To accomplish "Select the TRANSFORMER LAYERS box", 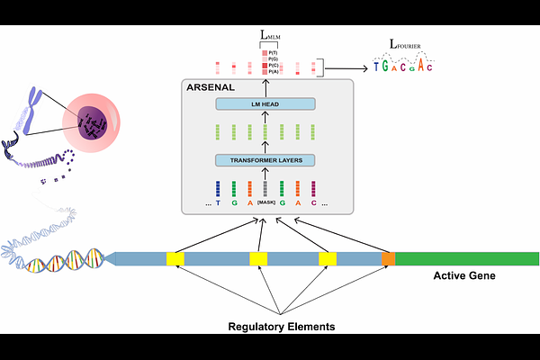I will coord(265,160).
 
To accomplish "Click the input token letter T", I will coord(217,204).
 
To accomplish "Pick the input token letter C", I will coord(314,204).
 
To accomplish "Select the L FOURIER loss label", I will coord(407,45).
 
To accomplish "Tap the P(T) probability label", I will coord(274,52).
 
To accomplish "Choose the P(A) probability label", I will coord(274,72).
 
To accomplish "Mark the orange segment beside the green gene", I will coord(388,259).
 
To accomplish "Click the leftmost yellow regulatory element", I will coord(175,259).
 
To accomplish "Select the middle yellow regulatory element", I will coord(259,259).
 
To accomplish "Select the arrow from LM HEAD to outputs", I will coord(265,86).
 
